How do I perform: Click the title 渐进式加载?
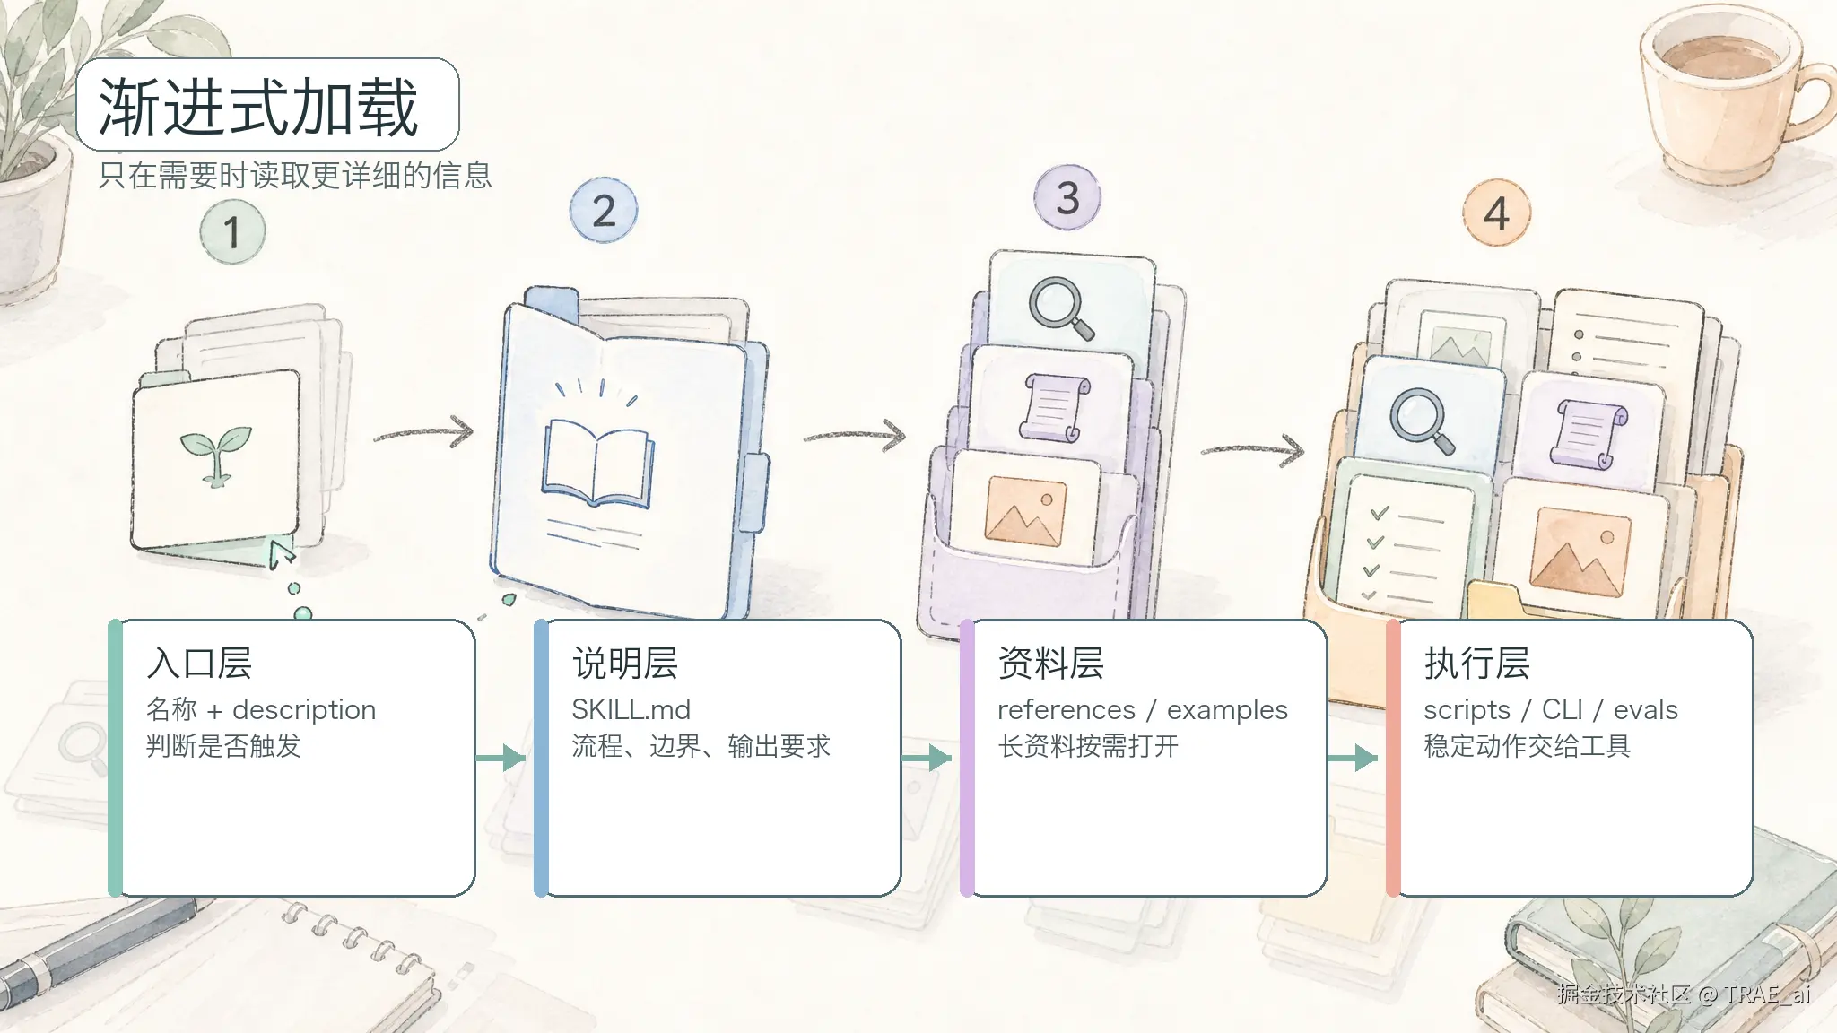[258, 107]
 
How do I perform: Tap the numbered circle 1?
[232, 231]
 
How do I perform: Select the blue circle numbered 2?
[604, 211]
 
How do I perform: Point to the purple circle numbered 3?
[1067, 197]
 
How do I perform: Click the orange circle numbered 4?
[1496, 213]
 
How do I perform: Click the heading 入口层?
[199, 664]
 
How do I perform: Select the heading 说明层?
[625, 664]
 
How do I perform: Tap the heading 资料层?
[1051, 664]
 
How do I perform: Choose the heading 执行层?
[1477, 664]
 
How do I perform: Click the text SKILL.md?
[631, 709]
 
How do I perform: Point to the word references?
[1067, 709]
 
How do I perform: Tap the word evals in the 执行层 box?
[1646, 709]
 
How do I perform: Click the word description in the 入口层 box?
[304, 710]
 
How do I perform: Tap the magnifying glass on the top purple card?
[1061, 308]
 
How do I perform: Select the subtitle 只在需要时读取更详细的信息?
[295, 176]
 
